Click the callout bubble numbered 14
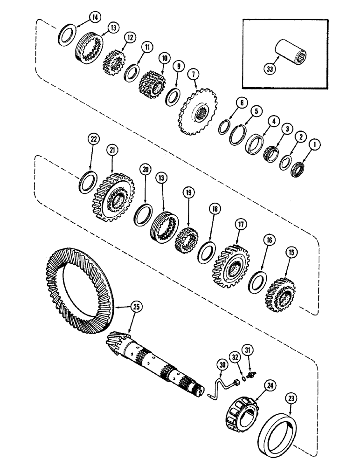coord(95,18)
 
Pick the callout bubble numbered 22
coord(94,140)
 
